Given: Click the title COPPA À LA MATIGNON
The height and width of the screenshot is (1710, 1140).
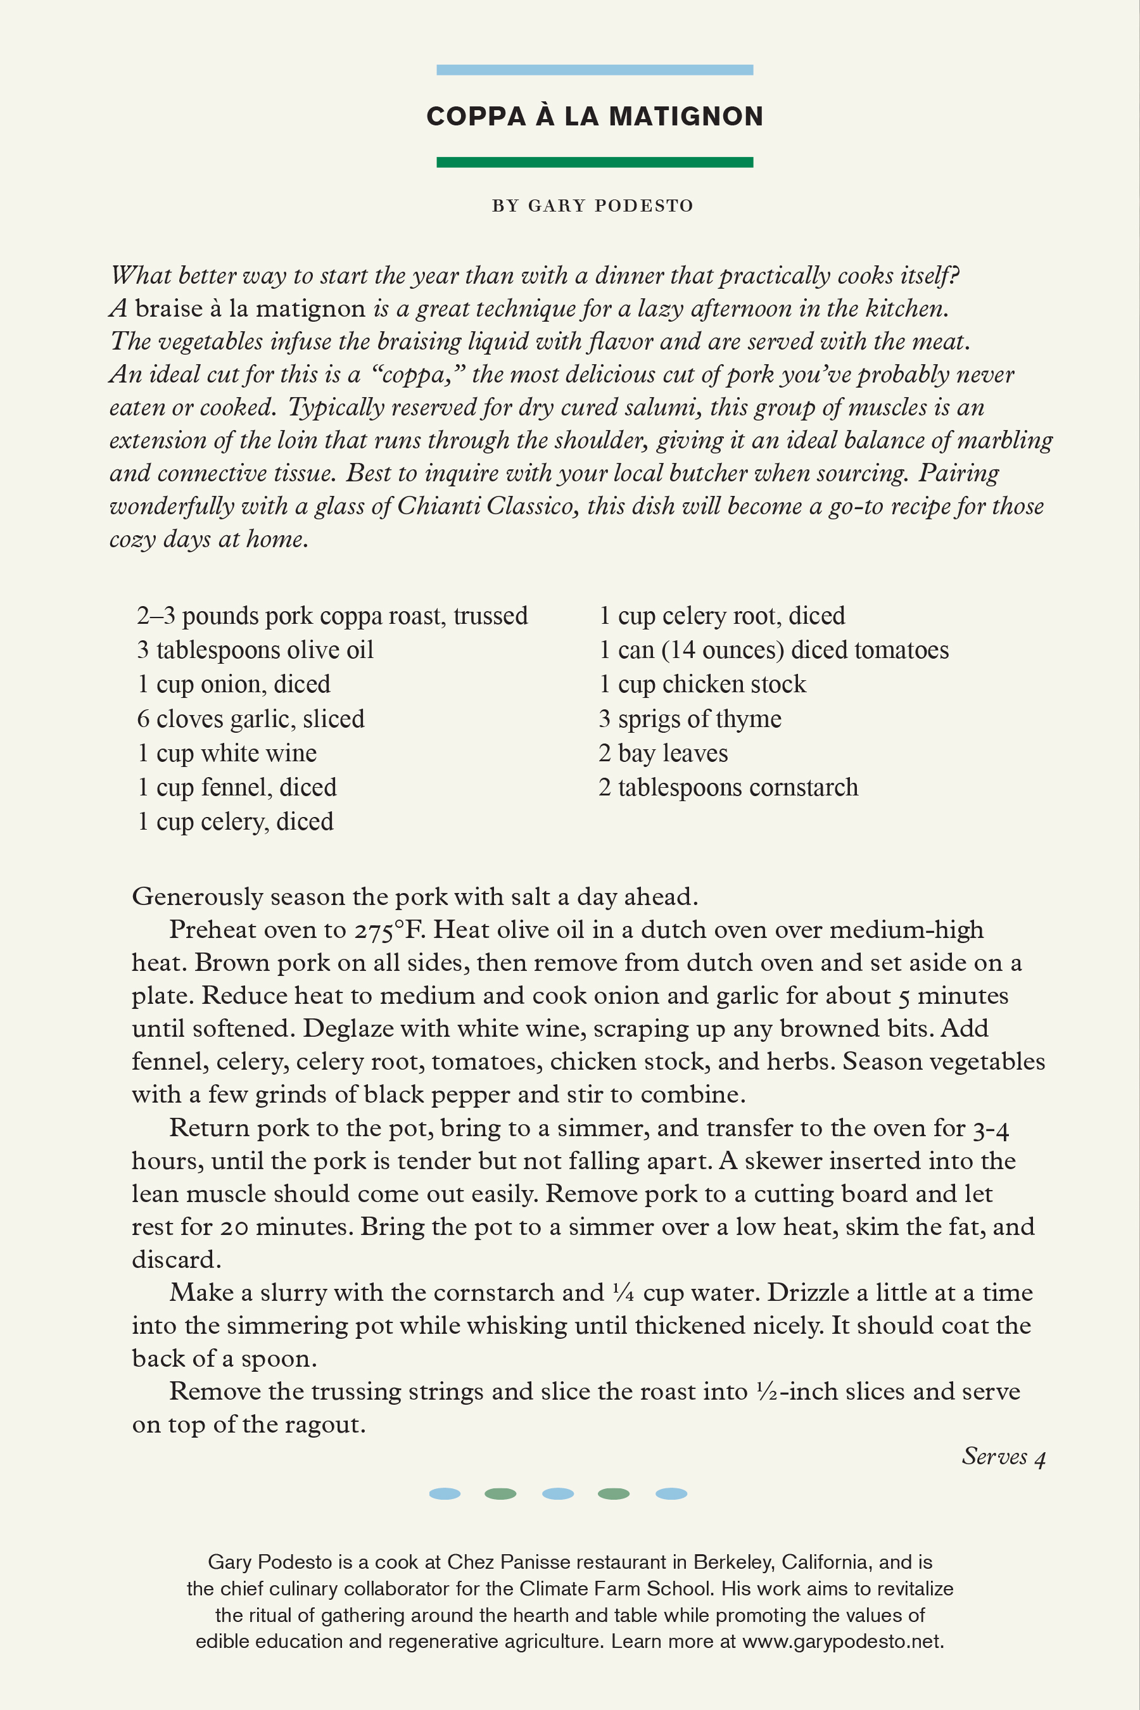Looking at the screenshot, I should (594, 117).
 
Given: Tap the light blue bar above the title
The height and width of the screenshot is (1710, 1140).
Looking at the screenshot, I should (594, 70).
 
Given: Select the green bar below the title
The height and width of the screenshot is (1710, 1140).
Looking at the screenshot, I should (594, 162).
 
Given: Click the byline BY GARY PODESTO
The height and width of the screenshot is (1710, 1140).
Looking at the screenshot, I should (593, 206).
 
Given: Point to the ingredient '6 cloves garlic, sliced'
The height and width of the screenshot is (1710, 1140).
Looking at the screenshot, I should (250, 719).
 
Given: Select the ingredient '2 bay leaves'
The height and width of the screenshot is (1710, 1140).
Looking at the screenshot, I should (662, 753).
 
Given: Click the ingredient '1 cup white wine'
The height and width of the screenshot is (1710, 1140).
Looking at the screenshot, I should (227, 753).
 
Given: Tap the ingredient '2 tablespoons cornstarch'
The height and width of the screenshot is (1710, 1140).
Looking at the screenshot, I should (728, 787).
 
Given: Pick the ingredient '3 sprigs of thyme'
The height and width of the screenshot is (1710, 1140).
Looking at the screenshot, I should (689, 719).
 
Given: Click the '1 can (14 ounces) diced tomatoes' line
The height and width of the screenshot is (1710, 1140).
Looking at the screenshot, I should (773, 650).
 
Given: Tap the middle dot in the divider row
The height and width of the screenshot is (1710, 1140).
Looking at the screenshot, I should (557, 1494).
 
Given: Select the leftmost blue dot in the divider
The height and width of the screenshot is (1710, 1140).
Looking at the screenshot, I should (444, 1494).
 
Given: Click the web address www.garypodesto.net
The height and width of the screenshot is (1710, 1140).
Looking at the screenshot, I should (841, 1642).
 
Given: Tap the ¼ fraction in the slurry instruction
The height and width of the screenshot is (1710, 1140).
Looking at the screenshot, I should (623, 1293).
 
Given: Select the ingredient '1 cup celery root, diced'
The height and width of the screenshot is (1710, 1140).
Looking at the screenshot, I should (721, 616).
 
